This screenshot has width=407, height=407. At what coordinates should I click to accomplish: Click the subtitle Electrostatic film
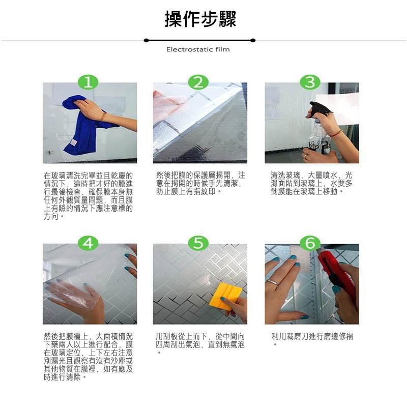[x=198, y=49]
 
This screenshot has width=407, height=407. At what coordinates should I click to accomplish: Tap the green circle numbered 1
[x=88, y=82]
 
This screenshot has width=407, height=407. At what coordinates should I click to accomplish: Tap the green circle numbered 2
[x=198, y=82]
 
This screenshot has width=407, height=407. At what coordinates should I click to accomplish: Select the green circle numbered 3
[x=310, y=82]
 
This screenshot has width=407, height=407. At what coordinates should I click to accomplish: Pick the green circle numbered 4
[x=88, y=243]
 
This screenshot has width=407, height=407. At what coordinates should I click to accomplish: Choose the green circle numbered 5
[x=198, y=243]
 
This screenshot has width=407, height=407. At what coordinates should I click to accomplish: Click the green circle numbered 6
[x=310, y=243]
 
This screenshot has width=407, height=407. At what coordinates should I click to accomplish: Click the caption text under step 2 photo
[x=200, y=183]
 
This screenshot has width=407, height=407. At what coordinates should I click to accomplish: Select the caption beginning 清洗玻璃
[x=311, y=183]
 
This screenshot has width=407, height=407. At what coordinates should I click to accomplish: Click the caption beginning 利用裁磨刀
[x=312, y=337]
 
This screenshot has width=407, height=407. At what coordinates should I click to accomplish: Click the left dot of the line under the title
[x=146, y=40]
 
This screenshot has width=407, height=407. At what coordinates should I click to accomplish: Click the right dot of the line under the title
[x=253, y=40]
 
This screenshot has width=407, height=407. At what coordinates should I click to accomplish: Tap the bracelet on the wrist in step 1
[x=104, y=117]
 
